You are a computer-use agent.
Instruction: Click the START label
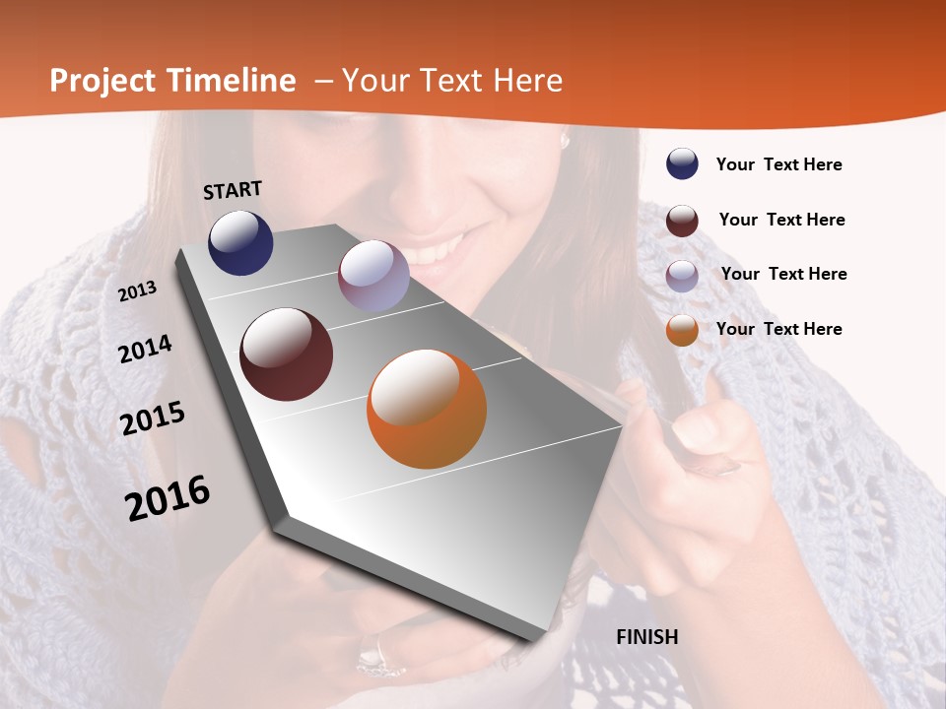pos(233,190)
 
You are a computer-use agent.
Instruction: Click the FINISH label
pos(647,637)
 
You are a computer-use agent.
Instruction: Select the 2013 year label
pos(138,290)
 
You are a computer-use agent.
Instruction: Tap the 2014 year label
pos(146,349)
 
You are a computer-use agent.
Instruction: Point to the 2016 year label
pos(168,497)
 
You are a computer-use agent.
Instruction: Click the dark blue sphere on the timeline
pos(240,242)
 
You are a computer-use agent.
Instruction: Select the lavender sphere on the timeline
pos(373,276)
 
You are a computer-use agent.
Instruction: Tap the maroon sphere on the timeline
pos(286,354)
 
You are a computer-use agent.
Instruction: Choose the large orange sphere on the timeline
pos(427,409)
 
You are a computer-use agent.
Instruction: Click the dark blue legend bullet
pos(682,163)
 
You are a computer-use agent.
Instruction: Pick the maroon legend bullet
pos(682,221)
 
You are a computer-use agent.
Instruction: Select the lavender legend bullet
pos(682,276)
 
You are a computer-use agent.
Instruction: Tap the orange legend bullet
pos(682,330)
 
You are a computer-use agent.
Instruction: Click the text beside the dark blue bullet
pos(779,165)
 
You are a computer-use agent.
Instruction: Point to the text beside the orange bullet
pos(779,329)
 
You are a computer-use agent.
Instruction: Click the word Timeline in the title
pos(232,81)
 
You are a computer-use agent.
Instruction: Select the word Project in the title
pos(101,81)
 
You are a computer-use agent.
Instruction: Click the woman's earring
pos(566,141)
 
